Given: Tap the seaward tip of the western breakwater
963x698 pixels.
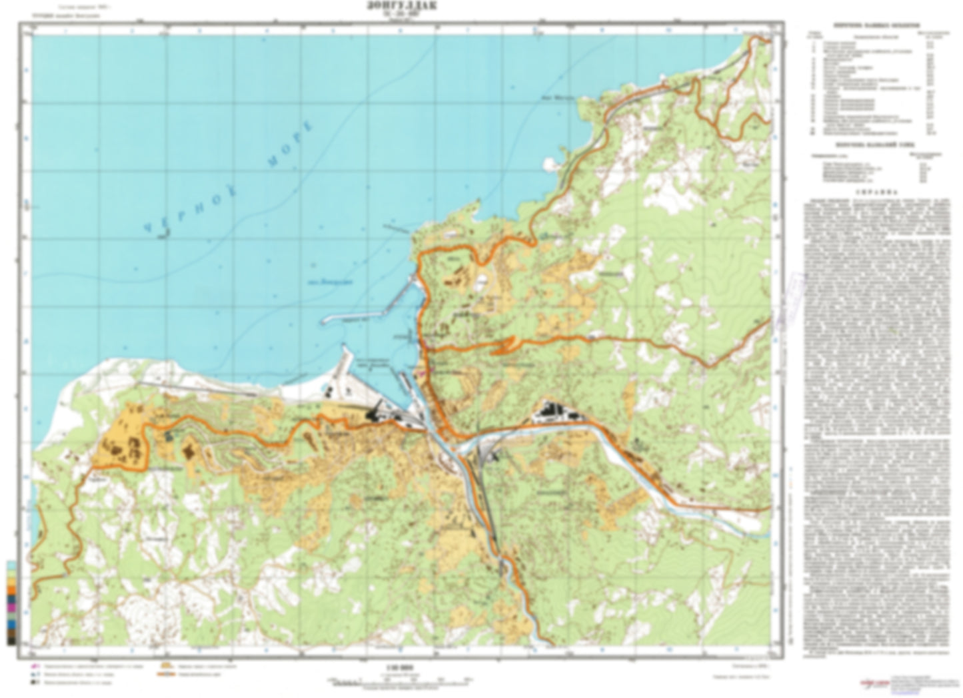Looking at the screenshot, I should tap(323, 322).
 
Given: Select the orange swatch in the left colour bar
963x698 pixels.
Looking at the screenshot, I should tap(11, 588).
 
